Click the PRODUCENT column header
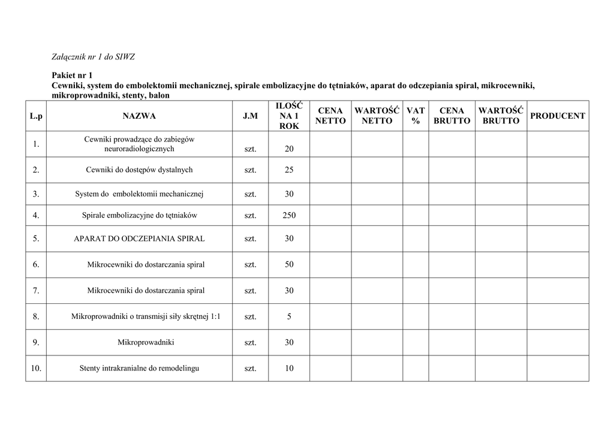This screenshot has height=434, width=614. pos(558,116)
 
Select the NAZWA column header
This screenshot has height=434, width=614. pos(139,116)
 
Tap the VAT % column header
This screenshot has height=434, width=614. pos(416,116)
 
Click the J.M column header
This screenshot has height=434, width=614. pos(250,116)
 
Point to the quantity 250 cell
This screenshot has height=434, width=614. pos(289,215)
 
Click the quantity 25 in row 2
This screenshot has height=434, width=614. pos(289,170)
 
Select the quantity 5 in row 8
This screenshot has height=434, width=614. pos(289,317)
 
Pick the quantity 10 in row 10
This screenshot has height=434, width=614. pos(289,368)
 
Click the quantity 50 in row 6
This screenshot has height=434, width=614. pos(289,264)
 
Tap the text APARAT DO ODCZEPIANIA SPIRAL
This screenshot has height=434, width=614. pos(139,239)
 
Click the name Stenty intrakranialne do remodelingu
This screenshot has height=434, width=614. pos(139,368)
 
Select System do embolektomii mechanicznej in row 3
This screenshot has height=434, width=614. pos(139,194)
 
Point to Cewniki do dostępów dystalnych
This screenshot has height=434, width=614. pos(139,170)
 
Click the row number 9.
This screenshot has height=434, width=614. pos(36,343)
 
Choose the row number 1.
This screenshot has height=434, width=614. pos(36,144)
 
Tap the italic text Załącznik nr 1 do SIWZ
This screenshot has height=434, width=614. pos(93,58)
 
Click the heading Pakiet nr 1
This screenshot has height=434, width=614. pos(72,76)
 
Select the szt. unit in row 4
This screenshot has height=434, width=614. pos(250,215)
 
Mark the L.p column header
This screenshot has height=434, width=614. pos(36,116)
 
